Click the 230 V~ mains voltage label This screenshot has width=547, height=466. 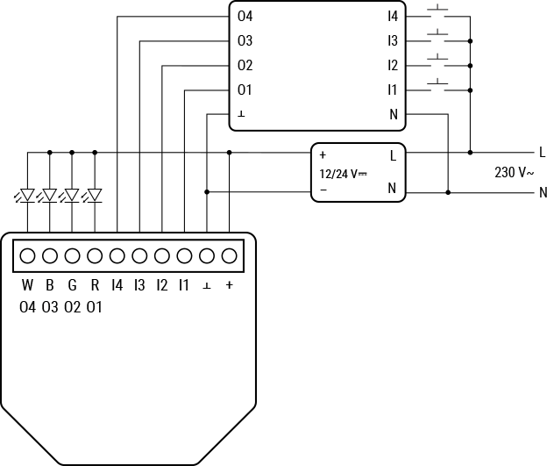pyautogui.click(x=514, y=173)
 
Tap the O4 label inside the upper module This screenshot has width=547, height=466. pyautogui.click(x=245, y=16)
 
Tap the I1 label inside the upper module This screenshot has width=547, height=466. pyautogui.click(x=393, y=90)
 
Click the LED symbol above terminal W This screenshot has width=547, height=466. pyautogui.click(x=27, y=195)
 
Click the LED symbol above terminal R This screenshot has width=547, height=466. pyautogui.click(x=95, y=195)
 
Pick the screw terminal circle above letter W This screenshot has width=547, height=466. pyautogui.click(x=27, y=256)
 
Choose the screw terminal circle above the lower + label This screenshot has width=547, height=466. pyautogui.click(x=229, y=256)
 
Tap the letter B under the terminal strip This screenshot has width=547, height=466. pyautogui.click(x=50, y=285)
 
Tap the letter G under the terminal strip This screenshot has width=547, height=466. pyautogui.click(x=72, y=285)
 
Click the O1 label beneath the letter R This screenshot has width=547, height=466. pyautogui.click(x=95, y=307)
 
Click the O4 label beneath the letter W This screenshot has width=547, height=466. pyautogui.click(x=27, y=307)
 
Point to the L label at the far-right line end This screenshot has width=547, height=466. pyautogui.click(x=542, y=153)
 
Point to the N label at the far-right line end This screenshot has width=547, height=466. pyautogui.click(x=542, y=192)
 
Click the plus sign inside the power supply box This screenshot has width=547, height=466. pyautogui.click(x=323, y=155)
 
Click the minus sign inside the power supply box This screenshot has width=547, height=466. pyautogui.click(x=323, y=189)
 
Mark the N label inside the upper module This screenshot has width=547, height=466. pyautogui.click(x=393, y=114)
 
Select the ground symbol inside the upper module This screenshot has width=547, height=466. pyautogui.click(x=241, y=114)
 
